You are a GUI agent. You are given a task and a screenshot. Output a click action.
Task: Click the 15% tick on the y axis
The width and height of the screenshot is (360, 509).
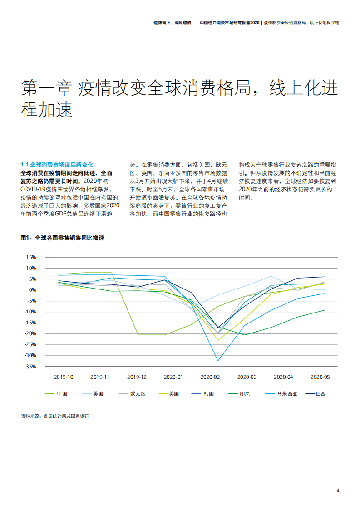click(30, 257)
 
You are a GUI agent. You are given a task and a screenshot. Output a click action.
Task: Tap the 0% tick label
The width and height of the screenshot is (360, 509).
click(32, 290)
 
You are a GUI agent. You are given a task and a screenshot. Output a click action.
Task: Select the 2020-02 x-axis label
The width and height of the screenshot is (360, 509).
click(210, 377)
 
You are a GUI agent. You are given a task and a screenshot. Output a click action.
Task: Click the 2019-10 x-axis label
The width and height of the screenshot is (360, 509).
click(64, 377)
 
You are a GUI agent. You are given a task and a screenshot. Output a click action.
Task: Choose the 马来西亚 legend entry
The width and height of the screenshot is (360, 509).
click(287, 394)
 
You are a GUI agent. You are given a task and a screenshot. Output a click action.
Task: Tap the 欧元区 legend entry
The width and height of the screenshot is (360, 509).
click(138, 394)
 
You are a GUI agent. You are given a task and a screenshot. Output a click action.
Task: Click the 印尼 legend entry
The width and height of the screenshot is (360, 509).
click(245, 394)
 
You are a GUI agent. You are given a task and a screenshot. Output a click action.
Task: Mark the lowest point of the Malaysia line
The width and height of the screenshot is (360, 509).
click(218, 361)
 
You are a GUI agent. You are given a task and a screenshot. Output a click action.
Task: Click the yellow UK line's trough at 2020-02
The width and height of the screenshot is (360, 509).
click(218, 340)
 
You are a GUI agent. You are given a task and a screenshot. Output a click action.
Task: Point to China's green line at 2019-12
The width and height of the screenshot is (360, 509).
click(138, 335)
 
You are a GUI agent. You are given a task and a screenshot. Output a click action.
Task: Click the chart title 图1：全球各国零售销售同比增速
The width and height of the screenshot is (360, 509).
click(62, 238)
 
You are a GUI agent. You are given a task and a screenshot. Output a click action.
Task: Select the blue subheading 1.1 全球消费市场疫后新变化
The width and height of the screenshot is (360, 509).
click(57, 165)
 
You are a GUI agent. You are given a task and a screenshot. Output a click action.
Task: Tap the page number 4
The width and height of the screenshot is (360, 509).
click(338, 490)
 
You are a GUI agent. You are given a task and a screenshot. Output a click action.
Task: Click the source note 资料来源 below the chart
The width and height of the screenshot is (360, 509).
click(55, 416)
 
